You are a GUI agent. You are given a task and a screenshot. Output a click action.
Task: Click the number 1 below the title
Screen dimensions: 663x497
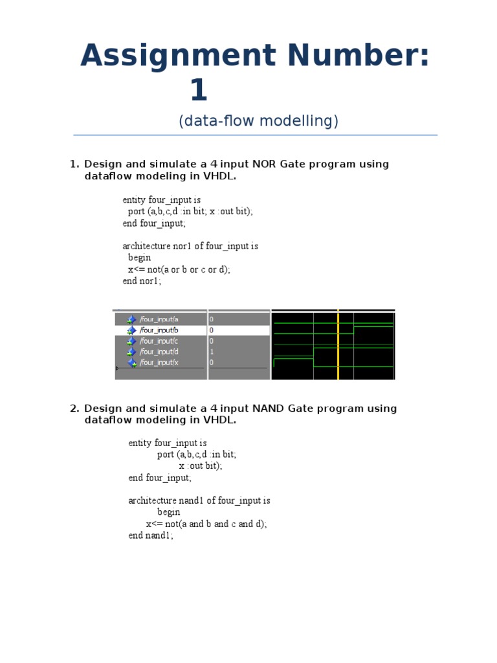point(199,91)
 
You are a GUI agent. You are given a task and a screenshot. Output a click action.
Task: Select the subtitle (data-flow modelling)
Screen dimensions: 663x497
point(258,121)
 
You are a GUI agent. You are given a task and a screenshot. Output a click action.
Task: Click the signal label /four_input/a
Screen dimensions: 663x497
point(159,319)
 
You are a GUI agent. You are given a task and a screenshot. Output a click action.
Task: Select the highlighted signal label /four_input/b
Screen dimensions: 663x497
point(159,330)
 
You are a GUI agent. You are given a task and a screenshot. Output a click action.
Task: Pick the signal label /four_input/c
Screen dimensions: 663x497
point(159,341)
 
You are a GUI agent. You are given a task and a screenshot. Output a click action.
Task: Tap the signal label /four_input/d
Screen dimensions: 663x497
point(159,352)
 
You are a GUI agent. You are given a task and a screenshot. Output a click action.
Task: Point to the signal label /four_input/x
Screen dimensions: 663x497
point(159,363)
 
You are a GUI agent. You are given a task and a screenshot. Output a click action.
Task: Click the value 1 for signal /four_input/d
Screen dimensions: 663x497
point(212,352)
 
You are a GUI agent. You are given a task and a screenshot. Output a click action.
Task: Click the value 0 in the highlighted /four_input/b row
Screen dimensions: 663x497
point(212,330)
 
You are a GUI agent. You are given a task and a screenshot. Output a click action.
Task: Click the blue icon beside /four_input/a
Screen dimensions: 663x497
point(132,319)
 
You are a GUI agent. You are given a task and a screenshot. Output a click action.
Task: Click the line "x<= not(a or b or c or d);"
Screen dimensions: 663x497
point(179,269)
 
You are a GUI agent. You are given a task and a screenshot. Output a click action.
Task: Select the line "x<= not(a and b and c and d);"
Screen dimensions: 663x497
point(206,524)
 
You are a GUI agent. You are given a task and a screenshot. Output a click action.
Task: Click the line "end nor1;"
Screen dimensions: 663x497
point(142,281)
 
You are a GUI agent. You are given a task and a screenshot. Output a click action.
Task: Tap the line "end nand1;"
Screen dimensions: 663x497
point(151,535)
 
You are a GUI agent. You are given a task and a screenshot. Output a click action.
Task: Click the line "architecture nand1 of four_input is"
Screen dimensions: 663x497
point(199,500)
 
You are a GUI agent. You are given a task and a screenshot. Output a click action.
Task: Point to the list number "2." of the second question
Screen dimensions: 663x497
point(74,409)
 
